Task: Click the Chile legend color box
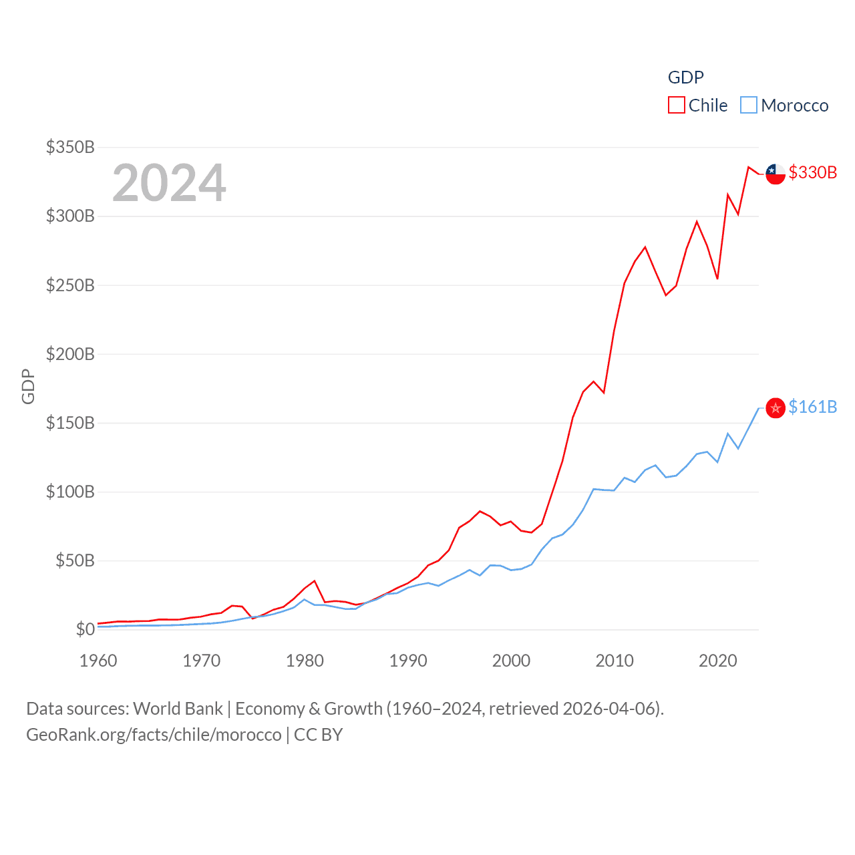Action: [676, 106]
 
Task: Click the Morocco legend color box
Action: [749, 106]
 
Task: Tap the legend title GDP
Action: [685, 77]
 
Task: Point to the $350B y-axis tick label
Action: [70, 147]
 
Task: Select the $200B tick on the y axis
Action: [70, 354]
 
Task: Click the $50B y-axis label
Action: [75, 560]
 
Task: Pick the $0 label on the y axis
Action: [85, 629]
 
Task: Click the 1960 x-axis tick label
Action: [98, 661]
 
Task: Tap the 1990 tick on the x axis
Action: [408, 661]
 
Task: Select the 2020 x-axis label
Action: [718, 661]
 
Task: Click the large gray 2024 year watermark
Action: [169, 183]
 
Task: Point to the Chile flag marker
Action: [776, 174]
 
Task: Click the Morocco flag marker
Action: [776, 408]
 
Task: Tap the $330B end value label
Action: [812, 172]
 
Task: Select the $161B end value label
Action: [812, 407]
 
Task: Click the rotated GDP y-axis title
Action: [28, 386]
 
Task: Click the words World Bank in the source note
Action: [178, 709]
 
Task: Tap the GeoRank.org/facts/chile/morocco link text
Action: [154, 735]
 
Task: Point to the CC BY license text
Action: [319, 735]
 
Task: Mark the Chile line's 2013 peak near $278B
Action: [645, 247]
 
